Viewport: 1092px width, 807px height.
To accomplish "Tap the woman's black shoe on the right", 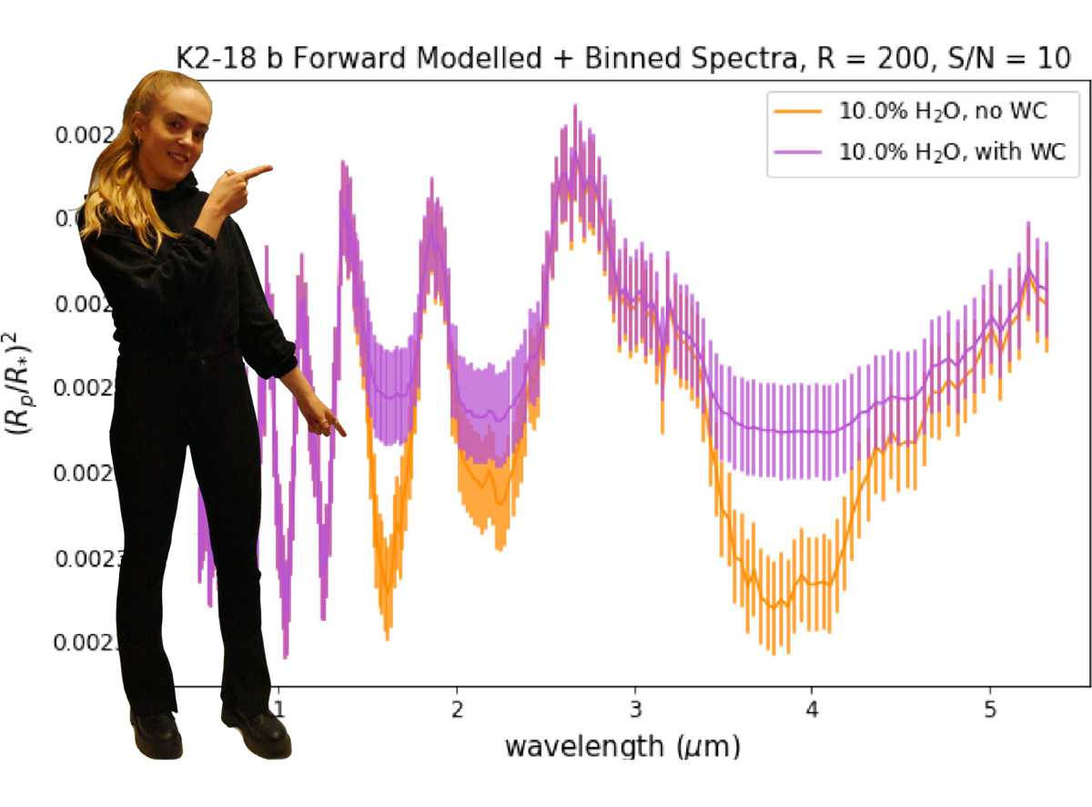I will pyautogui.click(x=259, y=729).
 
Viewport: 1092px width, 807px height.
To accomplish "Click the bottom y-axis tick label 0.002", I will pyautogui.click(x=86, y=643).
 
